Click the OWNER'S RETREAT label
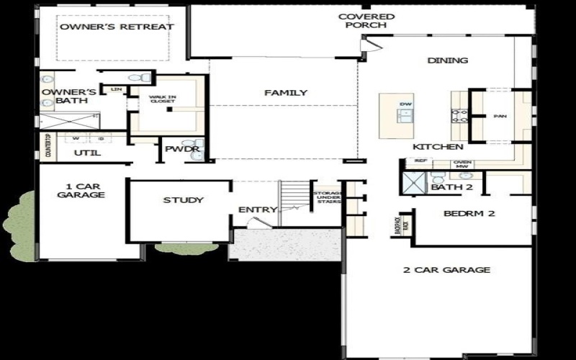pyautogui.click(x=116, y=27)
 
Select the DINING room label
pyautogui.click(x=447, y=60)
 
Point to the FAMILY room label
pyautogui.click(x=285, y=93)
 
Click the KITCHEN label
pyautogui.click(x=437, y=147)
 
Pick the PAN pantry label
pyautogui.click(x=499, y=116)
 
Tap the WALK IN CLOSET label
pyautogui.click(x=162, y=99)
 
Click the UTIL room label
pyautogui.click(x=88, y=153)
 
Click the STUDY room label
pyautogui.click(x=183, y=200)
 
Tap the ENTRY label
pyautogui.click(x=258, y=210)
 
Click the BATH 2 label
pyautogui.click(x=451, y=188)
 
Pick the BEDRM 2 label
pyautogui.click(x=469, y=214)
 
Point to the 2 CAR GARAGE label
pyautogui.click(x=446, y=270)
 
